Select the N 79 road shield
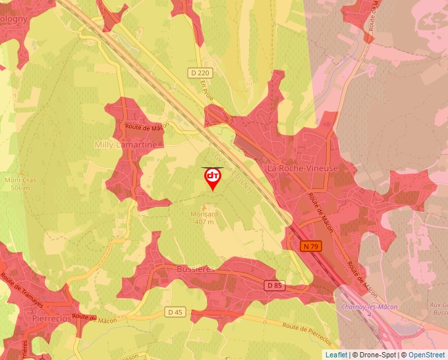[x=311, y=246]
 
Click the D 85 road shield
[x=275, y=285]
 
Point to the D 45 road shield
[x=175, y=312]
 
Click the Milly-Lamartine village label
[x=126, y=144]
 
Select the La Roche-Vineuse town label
[x=302, y=168]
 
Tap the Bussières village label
[x=196, y=270]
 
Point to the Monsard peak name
[x=204, y=215]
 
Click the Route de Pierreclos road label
[x=307, y=332]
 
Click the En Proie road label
[x=208, y=90]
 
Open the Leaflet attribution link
[x=336, y=355]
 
